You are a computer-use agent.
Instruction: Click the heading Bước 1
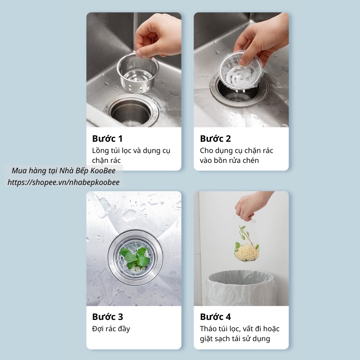point(107,139)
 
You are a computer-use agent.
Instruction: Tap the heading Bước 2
point(215,139)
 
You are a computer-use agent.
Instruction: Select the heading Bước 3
point(108,317)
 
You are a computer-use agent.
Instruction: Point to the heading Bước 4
point(215,317)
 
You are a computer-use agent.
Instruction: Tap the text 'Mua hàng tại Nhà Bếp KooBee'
point(63,171)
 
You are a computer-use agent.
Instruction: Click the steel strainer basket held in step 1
point(138,73)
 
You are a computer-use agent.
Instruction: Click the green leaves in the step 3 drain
point(135,256)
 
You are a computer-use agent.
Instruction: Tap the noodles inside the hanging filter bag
point(247,252)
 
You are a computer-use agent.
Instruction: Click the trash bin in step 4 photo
point(241,288)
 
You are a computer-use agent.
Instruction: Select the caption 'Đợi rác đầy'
point(111,329)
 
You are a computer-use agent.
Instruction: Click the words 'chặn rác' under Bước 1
point(106,160)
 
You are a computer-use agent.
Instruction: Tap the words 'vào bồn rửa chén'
point(229,160)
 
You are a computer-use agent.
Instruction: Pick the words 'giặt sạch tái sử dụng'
point(235,339)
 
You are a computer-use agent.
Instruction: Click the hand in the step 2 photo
point(264,40)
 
